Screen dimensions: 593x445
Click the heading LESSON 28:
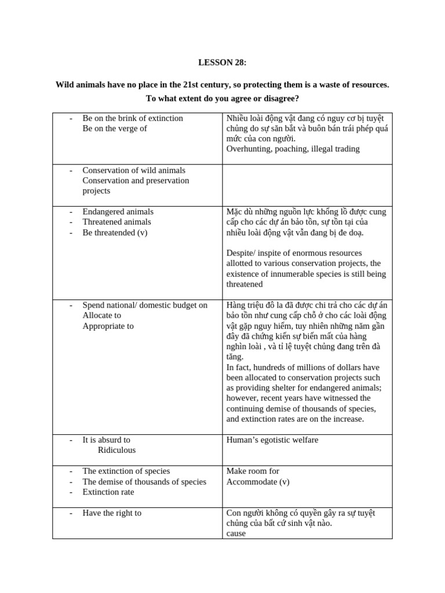[x=222, y=62]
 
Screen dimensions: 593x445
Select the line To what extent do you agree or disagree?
[x=222, y=98]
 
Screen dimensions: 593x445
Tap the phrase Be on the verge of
[x=115, y=129]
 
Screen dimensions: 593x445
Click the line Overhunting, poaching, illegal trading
[x=293, y=149]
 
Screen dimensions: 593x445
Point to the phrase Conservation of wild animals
[x=134, y=170]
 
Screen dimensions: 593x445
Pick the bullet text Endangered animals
[x=118, y=211]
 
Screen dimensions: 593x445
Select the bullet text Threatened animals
[x=116, y=222]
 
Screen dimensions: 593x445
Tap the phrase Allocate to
[x=102, y=316]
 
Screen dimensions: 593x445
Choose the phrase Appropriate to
[x=108, y=326]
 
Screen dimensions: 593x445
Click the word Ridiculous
[x=116, y=450]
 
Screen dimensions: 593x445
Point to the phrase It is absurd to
[x=107, y=440]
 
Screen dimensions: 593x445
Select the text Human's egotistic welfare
[x=272, y=440]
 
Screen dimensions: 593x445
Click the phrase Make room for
[x=253, y=471]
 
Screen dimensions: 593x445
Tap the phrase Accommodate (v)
[x=258, y=482]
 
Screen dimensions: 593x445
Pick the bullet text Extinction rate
[x=108, y=492]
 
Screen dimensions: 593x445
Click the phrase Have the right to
[x=112, y=513]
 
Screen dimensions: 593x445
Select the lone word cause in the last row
[x=236, y=533]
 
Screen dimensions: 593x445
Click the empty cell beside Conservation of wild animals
[x=307, y=185]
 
